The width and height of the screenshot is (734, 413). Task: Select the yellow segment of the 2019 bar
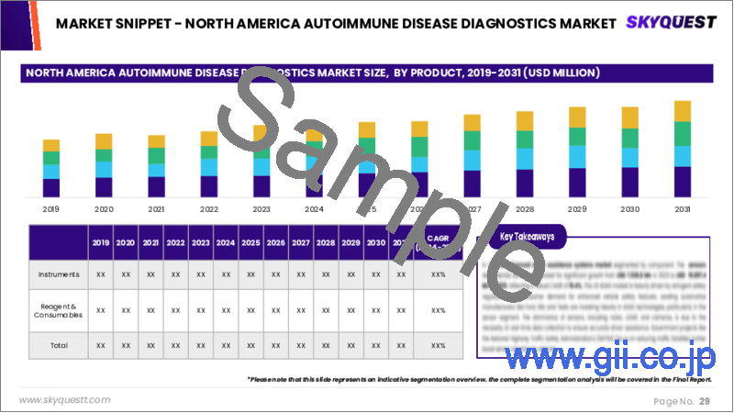51,145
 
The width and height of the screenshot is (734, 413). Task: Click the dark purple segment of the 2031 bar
683,182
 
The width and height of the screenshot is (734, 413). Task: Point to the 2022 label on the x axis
209,208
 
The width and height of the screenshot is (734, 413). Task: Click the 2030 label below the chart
629,208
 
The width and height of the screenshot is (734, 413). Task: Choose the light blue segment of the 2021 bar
157,170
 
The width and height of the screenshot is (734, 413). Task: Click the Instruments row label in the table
57,274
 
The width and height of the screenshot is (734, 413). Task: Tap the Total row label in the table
57,345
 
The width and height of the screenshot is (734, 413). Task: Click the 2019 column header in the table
101,243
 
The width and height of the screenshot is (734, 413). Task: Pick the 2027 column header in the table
300,243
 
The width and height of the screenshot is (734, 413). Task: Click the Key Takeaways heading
528,237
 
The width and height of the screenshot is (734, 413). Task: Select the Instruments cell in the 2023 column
200,274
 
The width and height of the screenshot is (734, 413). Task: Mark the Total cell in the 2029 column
350,345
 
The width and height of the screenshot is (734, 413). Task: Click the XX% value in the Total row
438,345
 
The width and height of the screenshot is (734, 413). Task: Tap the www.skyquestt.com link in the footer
65,400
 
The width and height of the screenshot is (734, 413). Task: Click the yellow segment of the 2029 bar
577,117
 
